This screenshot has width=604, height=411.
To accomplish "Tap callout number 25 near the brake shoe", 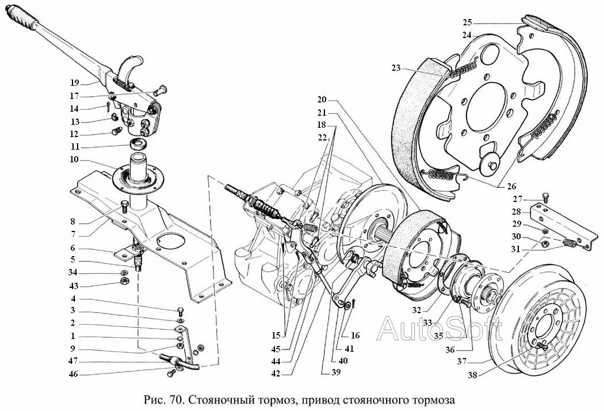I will tap(467, 23).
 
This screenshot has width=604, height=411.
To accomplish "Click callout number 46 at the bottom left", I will tap(72, 374).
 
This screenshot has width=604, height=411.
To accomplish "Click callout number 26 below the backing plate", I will tap(512, 187).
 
